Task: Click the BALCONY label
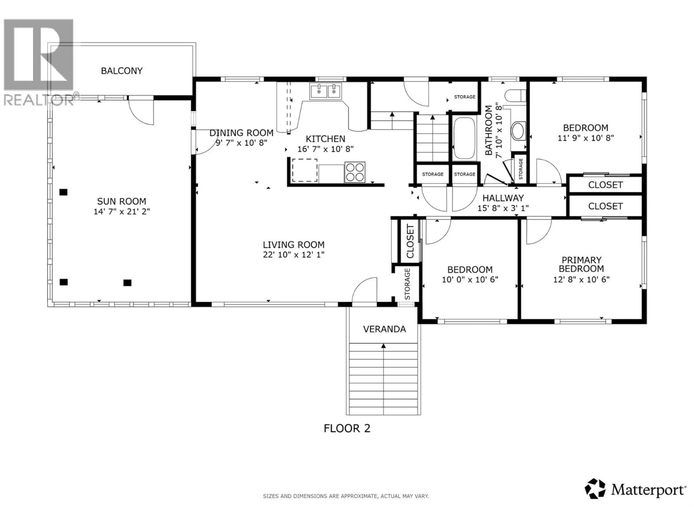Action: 122,71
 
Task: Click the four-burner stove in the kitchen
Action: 355,172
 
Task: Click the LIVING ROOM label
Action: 294,245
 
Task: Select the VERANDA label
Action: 384,329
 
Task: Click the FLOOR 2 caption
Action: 347,428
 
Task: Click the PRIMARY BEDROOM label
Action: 581,264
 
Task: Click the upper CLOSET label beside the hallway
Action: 605,185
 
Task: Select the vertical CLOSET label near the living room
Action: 410,241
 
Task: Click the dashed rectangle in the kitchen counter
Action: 305,170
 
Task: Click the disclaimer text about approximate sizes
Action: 346,496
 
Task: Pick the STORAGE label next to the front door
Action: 407,284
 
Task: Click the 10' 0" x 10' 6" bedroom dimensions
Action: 470,279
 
